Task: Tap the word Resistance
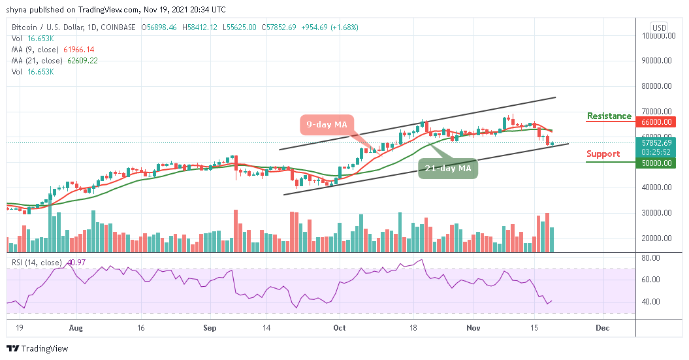pos(609,116)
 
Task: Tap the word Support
pos(603,154)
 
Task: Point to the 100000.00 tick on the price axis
pos(658,36)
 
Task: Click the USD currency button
pos(658,27)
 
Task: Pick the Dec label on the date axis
pos(602,328)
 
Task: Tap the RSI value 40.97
pos(71,263)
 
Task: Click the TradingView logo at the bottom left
pos(38,349)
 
